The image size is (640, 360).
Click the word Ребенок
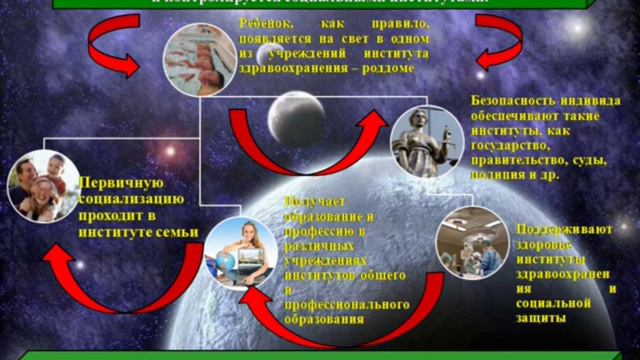click(x=268, y=21)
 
